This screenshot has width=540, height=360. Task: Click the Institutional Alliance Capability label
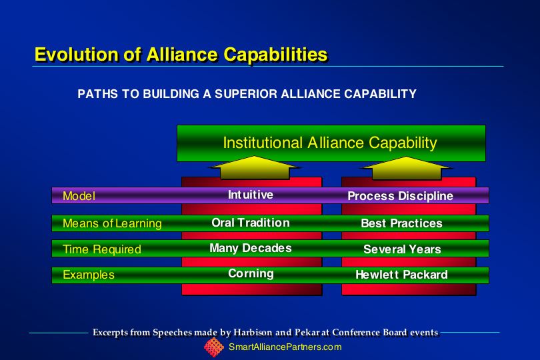(x=330, y=143)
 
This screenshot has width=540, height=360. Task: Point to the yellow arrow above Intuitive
(x=254, y=168)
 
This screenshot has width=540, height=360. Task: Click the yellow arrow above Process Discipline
(x=407, y=168)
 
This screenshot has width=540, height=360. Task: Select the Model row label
(x=79, y=196)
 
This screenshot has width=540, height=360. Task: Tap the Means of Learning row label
(x=112, y=223)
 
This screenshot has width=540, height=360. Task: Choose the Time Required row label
(x=102, y=249)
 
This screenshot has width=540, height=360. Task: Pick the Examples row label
(x=89, y=275)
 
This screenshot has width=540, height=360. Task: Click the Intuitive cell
(x=251, y=195)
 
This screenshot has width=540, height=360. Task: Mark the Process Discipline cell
(x=400, y=196)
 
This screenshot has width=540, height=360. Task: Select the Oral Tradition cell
(x=251, y=223)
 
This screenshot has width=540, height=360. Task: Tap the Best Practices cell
(x=401, y=223)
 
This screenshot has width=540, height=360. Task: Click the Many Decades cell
(x=251, y=248)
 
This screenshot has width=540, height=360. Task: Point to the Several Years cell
(x=402, y=249)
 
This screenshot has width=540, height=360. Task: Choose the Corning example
(x=251, y=273)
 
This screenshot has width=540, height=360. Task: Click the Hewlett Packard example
(x=401, y=275)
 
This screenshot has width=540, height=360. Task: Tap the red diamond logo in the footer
(x=214, y=347)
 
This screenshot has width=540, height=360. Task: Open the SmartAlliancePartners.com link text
(x=285, y=347)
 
